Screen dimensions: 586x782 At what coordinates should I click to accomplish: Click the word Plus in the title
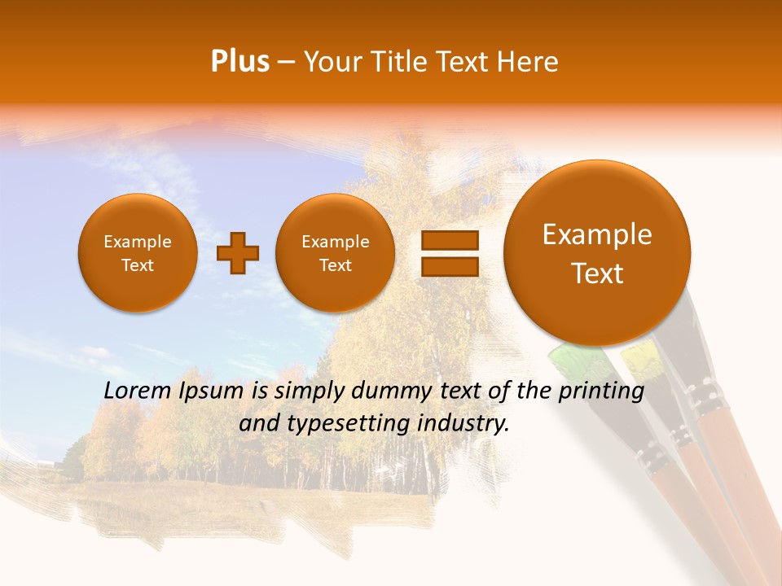[x=239, y=62]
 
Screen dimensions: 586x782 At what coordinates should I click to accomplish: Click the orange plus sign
[x=238, y=253]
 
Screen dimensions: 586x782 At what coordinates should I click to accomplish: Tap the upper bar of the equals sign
[x=450, y=240]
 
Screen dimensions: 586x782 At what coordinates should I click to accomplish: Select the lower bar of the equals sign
[x=450, y=267]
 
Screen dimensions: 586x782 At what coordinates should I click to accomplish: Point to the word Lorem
[x=138, y=391]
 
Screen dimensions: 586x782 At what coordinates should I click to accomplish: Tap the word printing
[x=601, y=391]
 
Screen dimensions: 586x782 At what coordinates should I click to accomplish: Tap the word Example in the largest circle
[x=597, y=234]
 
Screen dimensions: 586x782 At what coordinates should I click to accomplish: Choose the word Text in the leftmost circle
[x=137, y=265]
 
